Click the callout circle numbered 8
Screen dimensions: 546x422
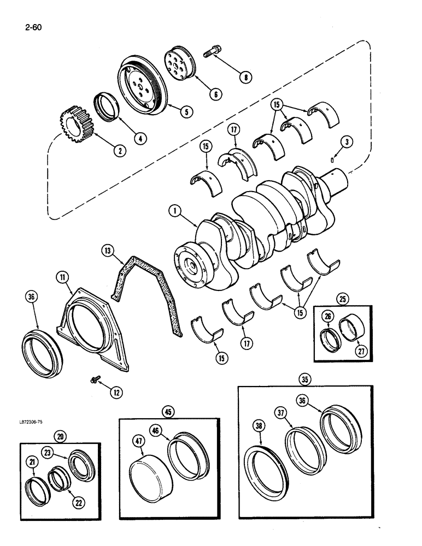246,77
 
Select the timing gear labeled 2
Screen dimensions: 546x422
73,128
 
